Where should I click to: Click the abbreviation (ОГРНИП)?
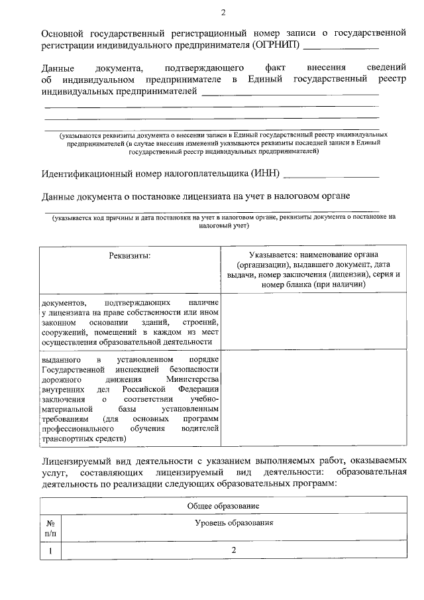pyautogui.click(x=276, y=45)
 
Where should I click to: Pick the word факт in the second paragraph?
pyautogui.click(x=275, y=68)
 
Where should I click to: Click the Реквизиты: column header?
pyautogui.click(x=130, y=255)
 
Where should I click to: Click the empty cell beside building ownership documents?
pyautogui.click(x=313, y=322)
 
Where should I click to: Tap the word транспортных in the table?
pyautogui.click(x=67, y=440)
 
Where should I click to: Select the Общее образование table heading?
pyautogui.click(x=223, y=506)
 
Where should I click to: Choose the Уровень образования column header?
pyautogui.click(x=234, y=523)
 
